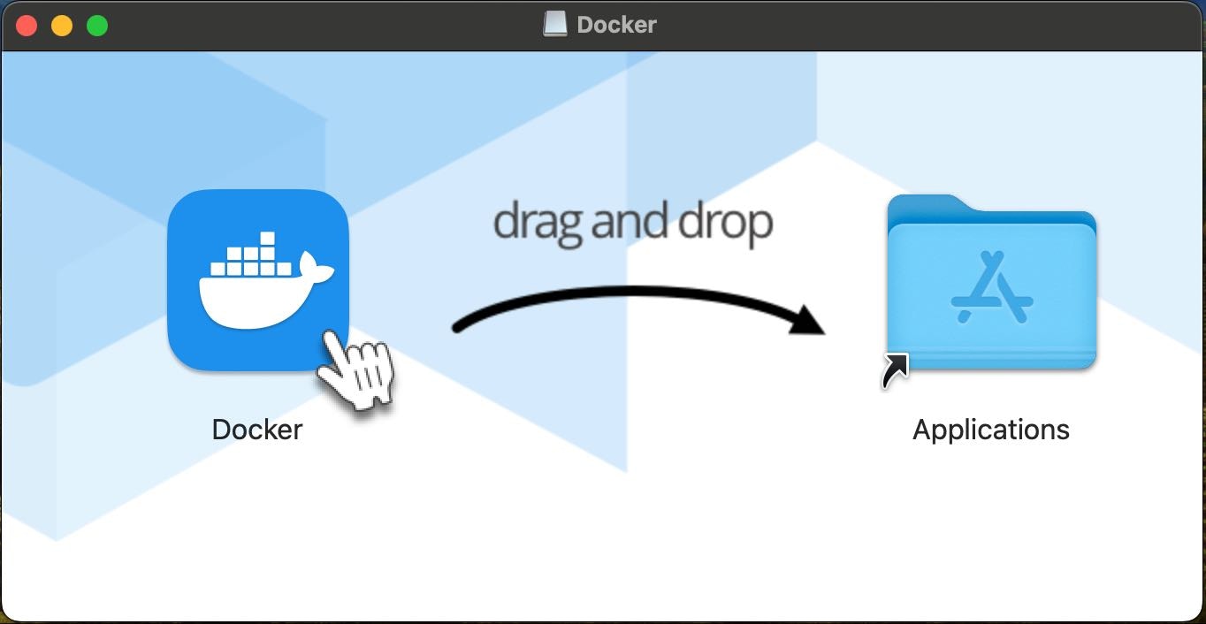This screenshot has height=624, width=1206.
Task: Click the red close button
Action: coord(27,26)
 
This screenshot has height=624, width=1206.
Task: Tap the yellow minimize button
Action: coord(62,26)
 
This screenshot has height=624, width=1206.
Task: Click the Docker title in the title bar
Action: coord(616,25)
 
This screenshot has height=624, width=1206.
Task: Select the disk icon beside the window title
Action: coord(555,24)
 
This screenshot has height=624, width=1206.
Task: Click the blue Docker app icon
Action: coord(258,280)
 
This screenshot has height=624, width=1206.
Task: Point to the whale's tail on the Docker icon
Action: coord(315,268)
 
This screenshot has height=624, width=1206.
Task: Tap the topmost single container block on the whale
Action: coord(268,239)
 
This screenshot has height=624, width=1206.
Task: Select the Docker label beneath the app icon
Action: coord(257,430)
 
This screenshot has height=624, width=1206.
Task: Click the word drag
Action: coord(538,223)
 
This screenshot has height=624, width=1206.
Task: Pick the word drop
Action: coord(725,223)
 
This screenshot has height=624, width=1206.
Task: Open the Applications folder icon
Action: coord(992,282)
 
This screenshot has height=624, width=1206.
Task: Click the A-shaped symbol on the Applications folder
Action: coord(992,287)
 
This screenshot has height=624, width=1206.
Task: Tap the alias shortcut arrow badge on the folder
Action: coord(896,370)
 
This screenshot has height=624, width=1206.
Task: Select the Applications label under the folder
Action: coord(991,430)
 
